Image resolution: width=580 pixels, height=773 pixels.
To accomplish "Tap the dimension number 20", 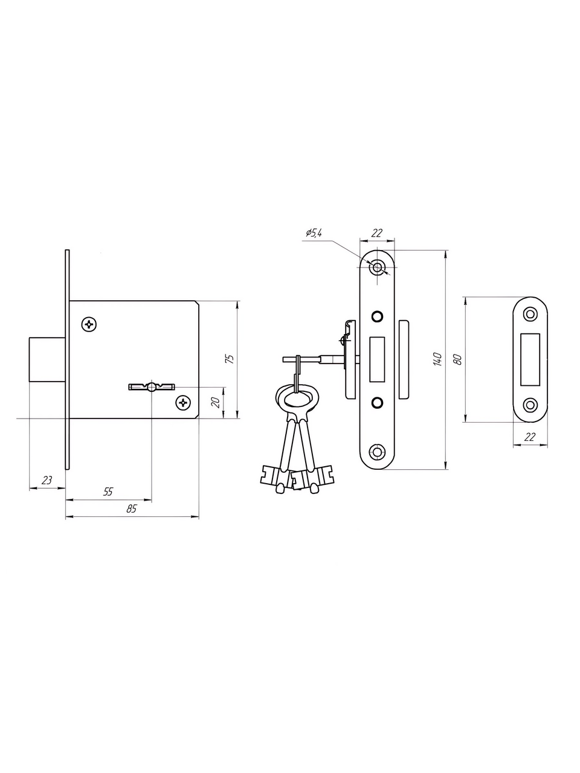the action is click(216, 402).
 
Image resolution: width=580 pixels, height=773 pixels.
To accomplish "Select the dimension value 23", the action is click(47, 480).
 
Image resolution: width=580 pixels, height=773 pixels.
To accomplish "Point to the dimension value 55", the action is click(108, 491).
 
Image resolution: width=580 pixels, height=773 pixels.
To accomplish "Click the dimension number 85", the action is click(131, 508).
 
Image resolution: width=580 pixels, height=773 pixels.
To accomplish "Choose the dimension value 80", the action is click(458, 359).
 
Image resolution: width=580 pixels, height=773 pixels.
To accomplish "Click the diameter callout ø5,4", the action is click(314, 233).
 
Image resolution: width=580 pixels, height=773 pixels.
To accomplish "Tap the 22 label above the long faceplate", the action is click(376, 233).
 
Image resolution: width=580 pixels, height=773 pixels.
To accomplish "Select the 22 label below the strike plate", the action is click(530, 437).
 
